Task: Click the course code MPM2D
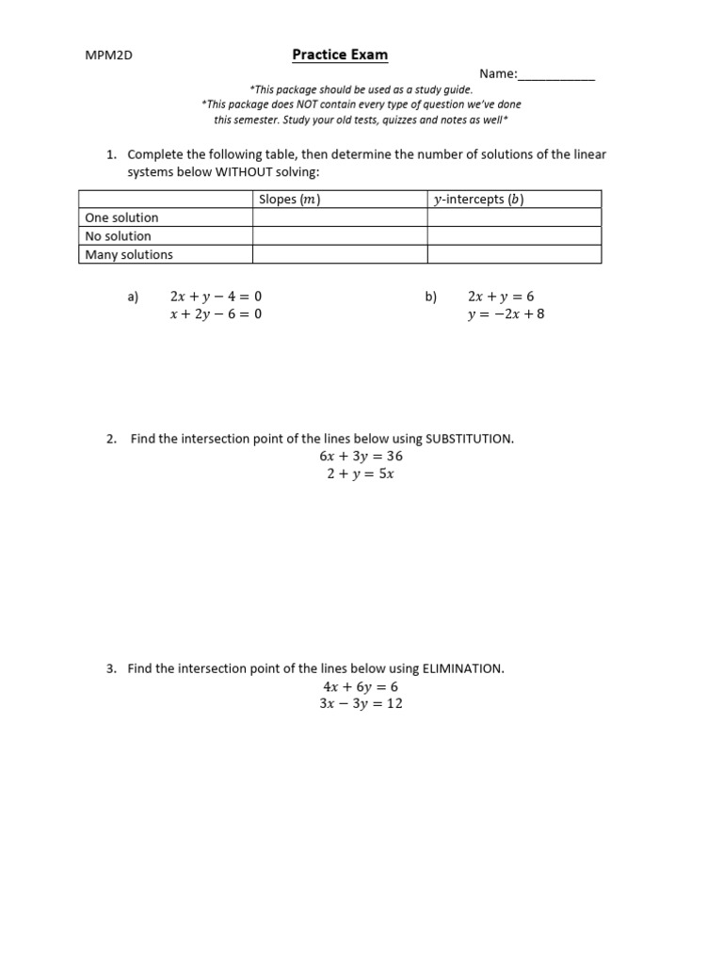pyautogui.click(x=109, y=56)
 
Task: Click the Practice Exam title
pyautogui.click(x=340, y=55)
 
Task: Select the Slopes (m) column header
pyautogui.click(x=290, y=200)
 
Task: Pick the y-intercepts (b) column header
pyautogui.click(x=478, y=200)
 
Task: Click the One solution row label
pyautogui.click(x=122, y=217)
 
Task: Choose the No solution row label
pyautogui.click(x=119, y=236)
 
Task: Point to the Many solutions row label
pyautogui.click(x=129, y=254)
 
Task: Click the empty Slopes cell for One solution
pyautogui.click(x=340, y=217)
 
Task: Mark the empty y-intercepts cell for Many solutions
pyautogui.click(x=514, y=254)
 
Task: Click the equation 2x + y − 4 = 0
pyautogui.click(x=216, y=297)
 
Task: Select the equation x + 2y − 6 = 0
pyautogui.click(x=216, y=314)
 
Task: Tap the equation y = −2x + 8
pyautogui.click(x=506, y=314)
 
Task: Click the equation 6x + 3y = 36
pyautogui.click(x=361, y=457)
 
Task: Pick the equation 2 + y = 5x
pyautogui.click(x=361, y=474)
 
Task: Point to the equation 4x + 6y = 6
pyautogui.click(x=361, y=687)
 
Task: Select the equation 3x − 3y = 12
pyautogui.click(x=361, y=704)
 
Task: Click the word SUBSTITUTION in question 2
pyautogui.click(x=469, y=439)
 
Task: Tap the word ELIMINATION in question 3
pyautogui.click(x=462, y=669)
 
